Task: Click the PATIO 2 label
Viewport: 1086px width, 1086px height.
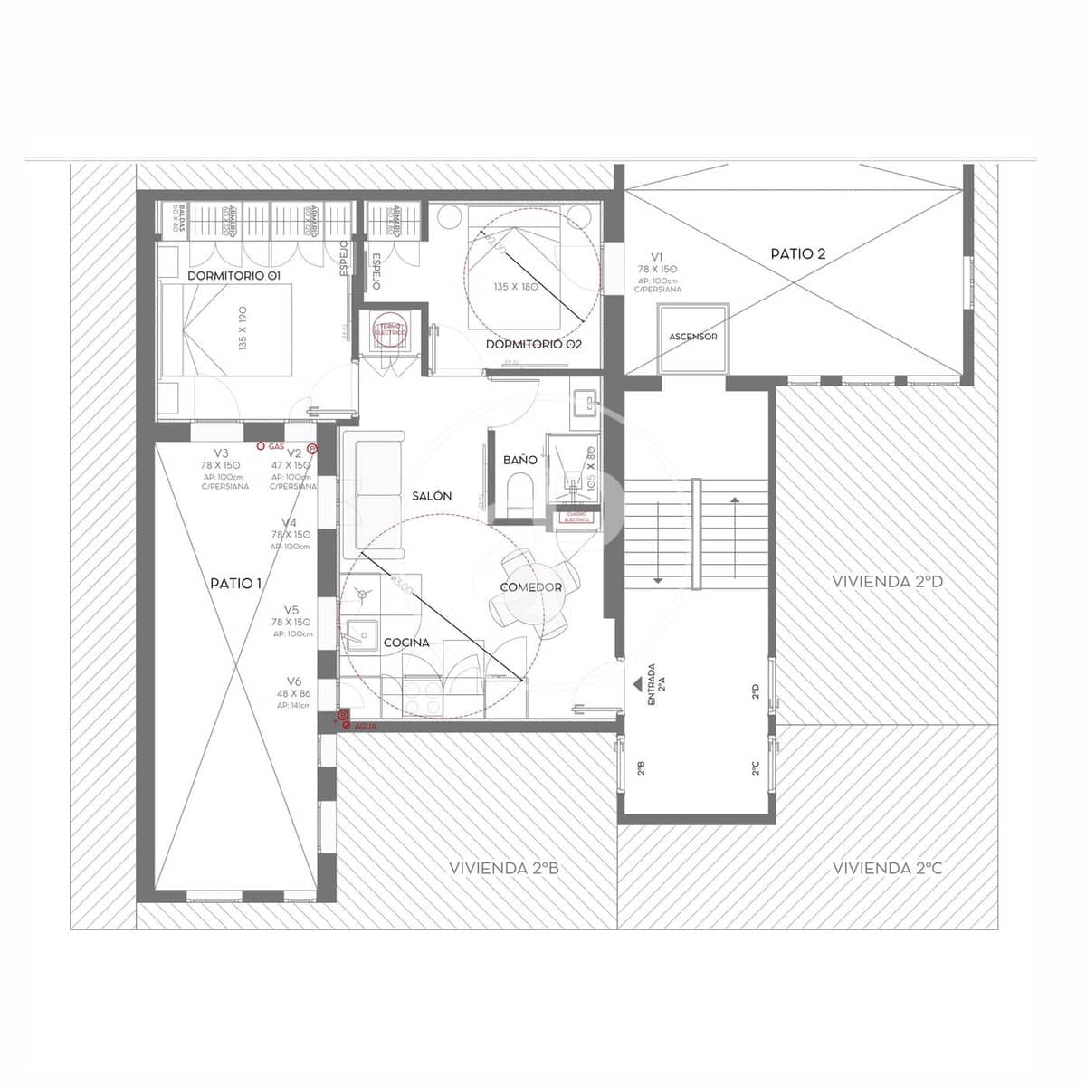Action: [x=797, y=254]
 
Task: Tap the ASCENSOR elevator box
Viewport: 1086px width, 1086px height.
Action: [x=693, y=338]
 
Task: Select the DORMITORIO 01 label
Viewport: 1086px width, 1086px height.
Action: [x=233, y=275]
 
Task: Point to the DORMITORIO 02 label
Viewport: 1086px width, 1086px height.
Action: [x=534, y=345]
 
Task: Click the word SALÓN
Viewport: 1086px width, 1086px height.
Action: [x=431, y=497]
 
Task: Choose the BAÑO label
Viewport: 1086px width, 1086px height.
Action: [x=520, y=460]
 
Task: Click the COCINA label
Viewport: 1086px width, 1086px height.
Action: [x=406, y=643]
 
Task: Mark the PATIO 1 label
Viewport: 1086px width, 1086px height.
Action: [x=235, y=584]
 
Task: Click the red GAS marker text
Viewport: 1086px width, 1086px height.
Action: [x=276, y=447]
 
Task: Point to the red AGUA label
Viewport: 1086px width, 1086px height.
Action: [x=365, y=727]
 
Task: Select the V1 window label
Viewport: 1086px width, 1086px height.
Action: [x=657, y=257]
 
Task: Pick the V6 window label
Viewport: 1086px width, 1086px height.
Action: [x=293, y=681]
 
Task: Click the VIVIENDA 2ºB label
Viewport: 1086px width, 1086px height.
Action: [x=504, y=868]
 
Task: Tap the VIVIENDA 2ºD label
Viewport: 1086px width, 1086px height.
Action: [x=887, y=582]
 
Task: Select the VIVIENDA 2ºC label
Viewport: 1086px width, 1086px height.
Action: [x=887, y=868]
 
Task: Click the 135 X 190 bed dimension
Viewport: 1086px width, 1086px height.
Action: [x=243, y=328]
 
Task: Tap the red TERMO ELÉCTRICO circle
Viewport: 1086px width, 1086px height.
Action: [x=392, y=331]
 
